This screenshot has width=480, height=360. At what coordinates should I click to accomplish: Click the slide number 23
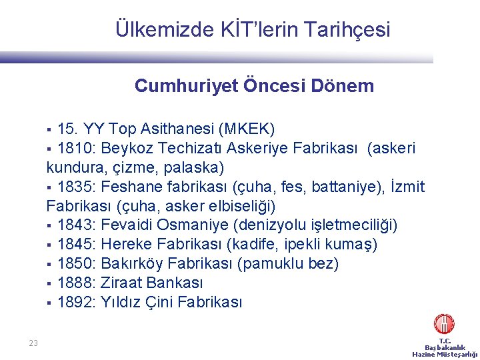click(x=33, y=343)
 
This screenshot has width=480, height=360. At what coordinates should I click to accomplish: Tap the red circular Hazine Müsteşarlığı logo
click(x=444, y=325)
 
